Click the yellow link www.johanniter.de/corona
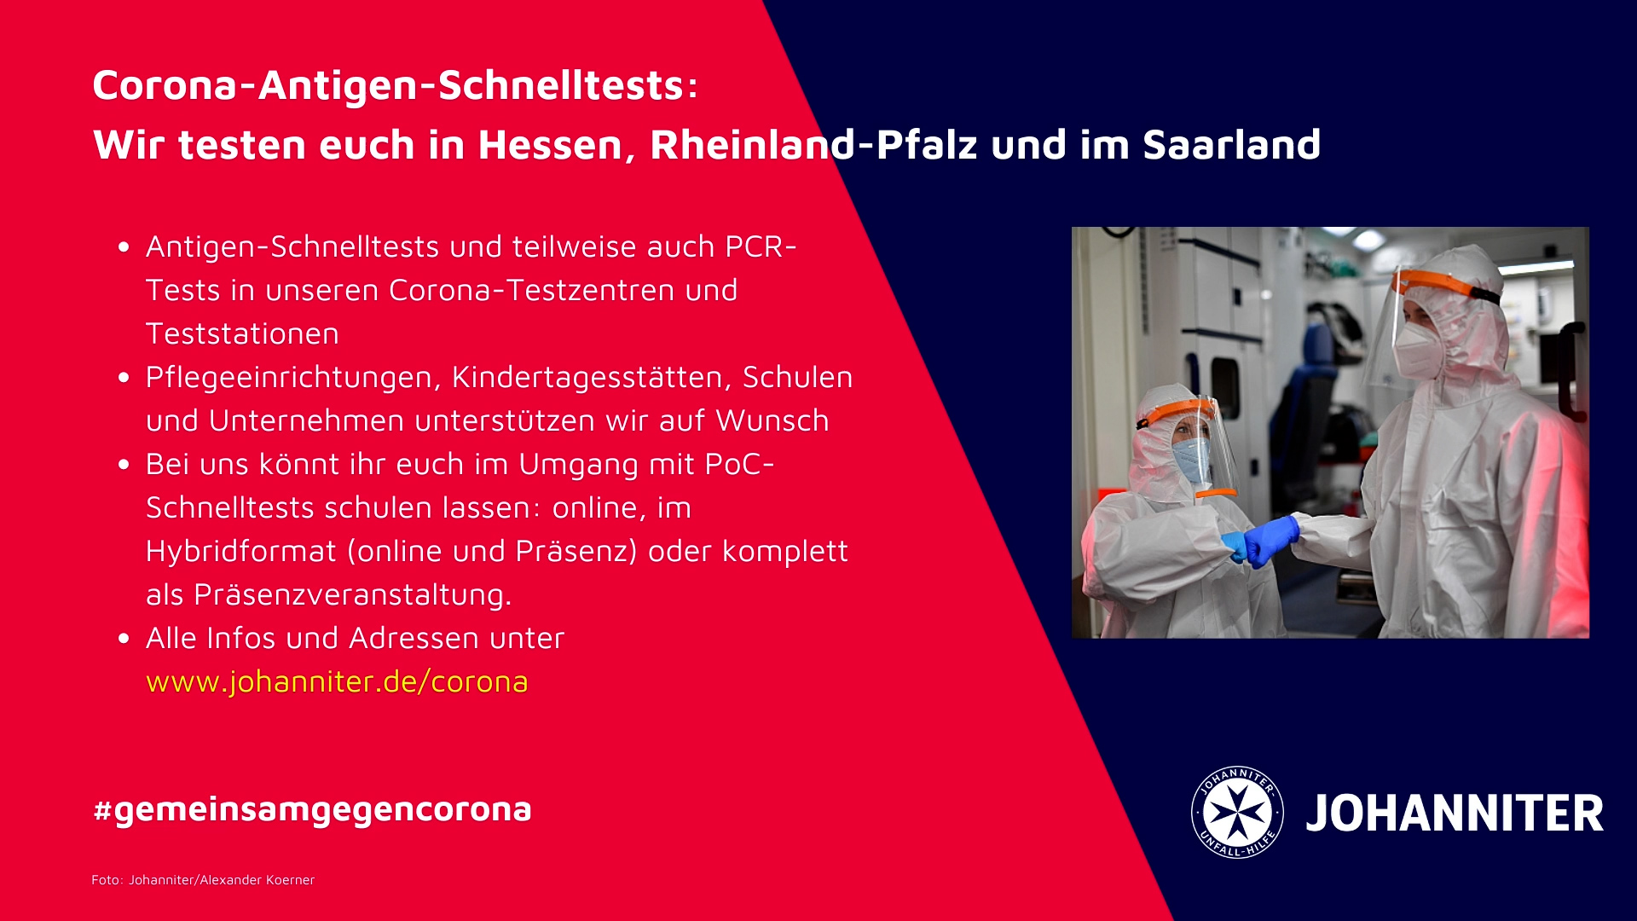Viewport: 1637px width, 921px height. click(x=337, y=682)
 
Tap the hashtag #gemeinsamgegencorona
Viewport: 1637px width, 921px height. click(x=312, y=809)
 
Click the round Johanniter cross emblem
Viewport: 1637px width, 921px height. click(x=1237, y=812)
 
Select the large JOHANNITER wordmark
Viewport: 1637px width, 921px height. click(x=1455, y=814)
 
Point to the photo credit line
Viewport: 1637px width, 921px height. click(x=203, y=880)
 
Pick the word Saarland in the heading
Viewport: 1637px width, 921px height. click(x=1232, y=145)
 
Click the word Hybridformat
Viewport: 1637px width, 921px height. click(x=241, y=551)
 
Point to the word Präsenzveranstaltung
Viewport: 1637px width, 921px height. click(x=352, y=595)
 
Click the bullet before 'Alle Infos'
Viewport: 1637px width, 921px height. click(x=124, y=638)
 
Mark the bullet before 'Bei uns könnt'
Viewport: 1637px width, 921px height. click(x=124, y=464)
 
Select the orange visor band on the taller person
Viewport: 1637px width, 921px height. click(x=1446, y=285)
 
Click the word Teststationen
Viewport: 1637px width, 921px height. click(x=242, y=333)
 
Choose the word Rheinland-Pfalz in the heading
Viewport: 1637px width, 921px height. click(x=814, y=145)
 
